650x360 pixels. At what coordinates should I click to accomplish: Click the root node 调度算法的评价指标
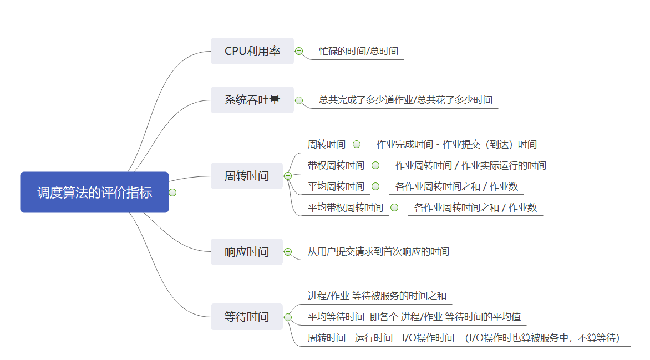tap(94, 192)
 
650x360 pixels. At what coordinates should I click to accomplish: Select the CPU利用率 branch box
tap(252, 51)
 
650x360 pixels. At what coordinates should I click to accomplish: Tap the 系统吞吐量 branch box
tap(252, 100)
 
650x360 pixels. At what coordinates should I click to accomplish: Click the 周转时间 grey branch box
tap(246, 176)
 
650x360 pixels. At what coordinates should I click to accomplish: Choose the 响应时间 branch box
tap(246, 252)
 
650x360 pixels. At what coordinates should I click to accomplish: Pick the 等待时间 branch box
tap(246, 317)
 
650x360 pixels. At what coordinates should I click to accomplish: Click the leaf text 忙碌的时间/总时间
tap(358, 51)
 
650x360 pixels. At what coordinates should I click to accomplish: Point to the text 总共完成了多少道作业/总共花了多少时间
tap(405, 100)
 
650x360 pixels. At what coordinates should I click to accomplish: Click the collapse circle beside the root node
tap(172, 192)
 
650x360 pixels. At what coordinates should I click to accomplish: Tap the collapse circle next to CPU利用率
tap(299, 51)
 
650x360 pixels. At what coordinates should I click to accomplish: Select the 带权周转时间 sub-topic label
tap(336, 165)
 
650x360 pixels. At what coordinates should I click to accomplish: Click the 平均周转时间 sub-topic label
tap(336, 186)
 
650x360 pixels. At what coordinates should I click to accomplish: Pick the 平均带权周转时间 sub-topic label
tap(345, 207)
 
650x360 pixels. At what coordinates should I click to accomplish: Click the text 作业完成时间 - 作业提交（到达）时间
tap(456, 144)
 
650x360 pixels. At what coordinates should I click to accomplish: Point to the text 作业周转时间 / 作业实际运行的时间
tap(470, 165)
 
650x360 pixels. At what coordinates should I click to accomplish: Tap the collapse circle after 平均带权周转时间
tap(394, 207)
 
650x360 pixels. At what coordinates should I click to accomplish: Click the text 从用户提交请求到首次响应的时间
tap(378, 251)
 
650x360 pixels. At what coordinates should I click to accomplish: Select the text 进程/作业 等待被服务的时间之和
tap(377, 296)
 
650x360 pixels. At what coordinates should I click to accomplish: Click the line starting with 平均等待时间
tap(414, 317)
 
